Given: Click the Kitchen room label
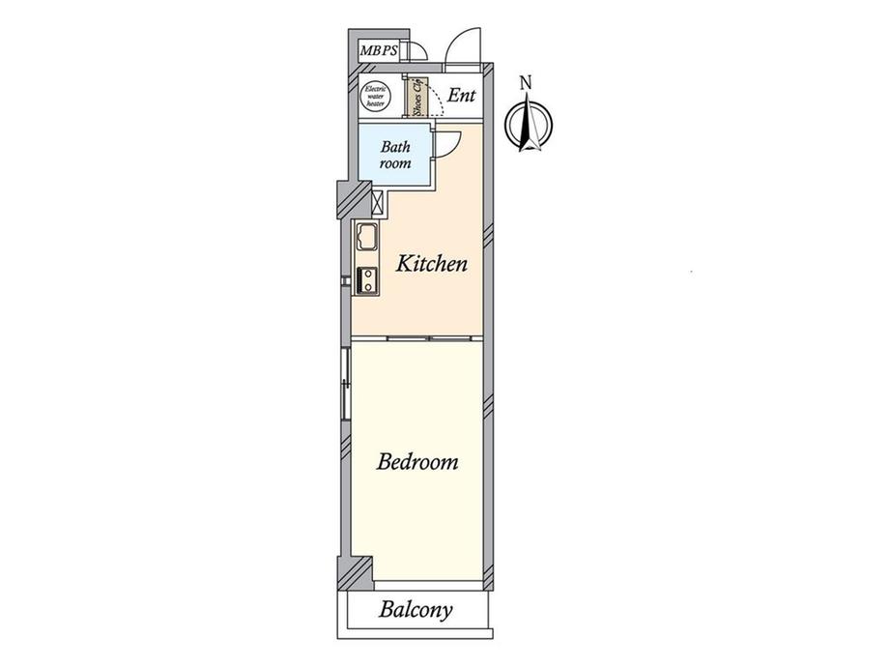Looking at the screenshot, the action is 432,264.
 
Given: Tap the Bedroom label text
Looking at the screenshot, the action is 417,462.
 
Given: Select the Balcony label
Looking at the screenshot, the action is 416,610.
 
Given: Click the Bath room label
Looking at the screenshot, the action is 395,155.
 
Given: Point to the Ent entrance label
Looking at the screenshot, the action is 461,96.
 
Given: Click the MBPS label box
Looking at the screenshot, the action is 379,50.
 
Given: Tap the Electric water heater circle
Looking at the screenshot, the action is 375,96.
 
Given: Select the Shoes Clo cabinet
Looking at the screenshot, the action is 417,97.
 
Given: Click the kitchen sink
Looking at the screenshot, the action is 367,237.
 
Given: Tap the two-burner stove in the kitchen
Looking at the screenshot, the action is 367,280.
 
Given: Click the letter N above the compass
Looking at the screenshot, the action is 526,83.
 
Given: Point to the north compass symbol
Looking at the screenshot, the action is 529,124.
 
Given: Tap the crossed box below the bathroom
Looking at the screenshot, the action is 378,202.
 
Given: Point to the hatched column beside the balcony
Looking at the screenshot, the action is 355,573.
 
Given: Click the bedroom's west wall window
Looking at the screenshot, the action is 345,384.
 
